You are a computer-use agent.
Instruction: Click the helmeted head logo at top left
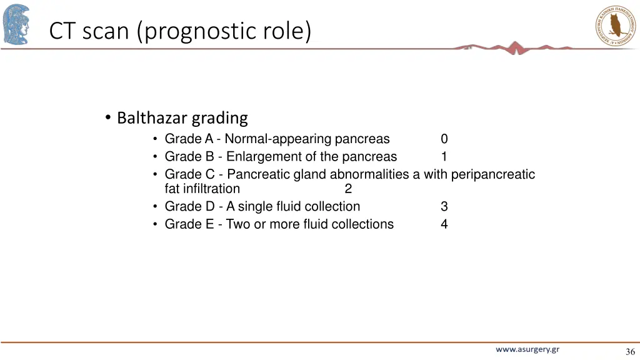click(16, 24)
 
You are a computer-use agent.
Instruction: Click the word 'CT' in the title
click(63, 31)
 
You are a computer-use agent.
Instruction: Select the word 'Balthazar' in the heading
click(152, 117)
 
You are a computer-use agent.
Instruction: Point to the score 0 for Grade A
click(444, 139)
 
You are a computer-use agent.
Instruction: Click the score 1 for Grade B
click(444, 156)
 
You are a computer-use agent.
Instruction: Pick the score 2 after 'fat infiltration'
click(348, 189)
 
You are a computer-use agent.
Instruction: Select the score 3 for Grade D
click(444, 206)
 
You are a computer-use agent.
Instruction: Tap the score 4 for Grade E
click(444, 224)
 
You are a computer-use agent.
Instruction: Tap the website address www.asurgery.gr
click(527, 349)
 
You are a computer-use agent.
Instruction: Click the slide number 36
click(629, 352)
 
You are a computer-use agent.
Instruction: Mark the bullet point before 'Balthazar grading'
click(107, 117)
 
